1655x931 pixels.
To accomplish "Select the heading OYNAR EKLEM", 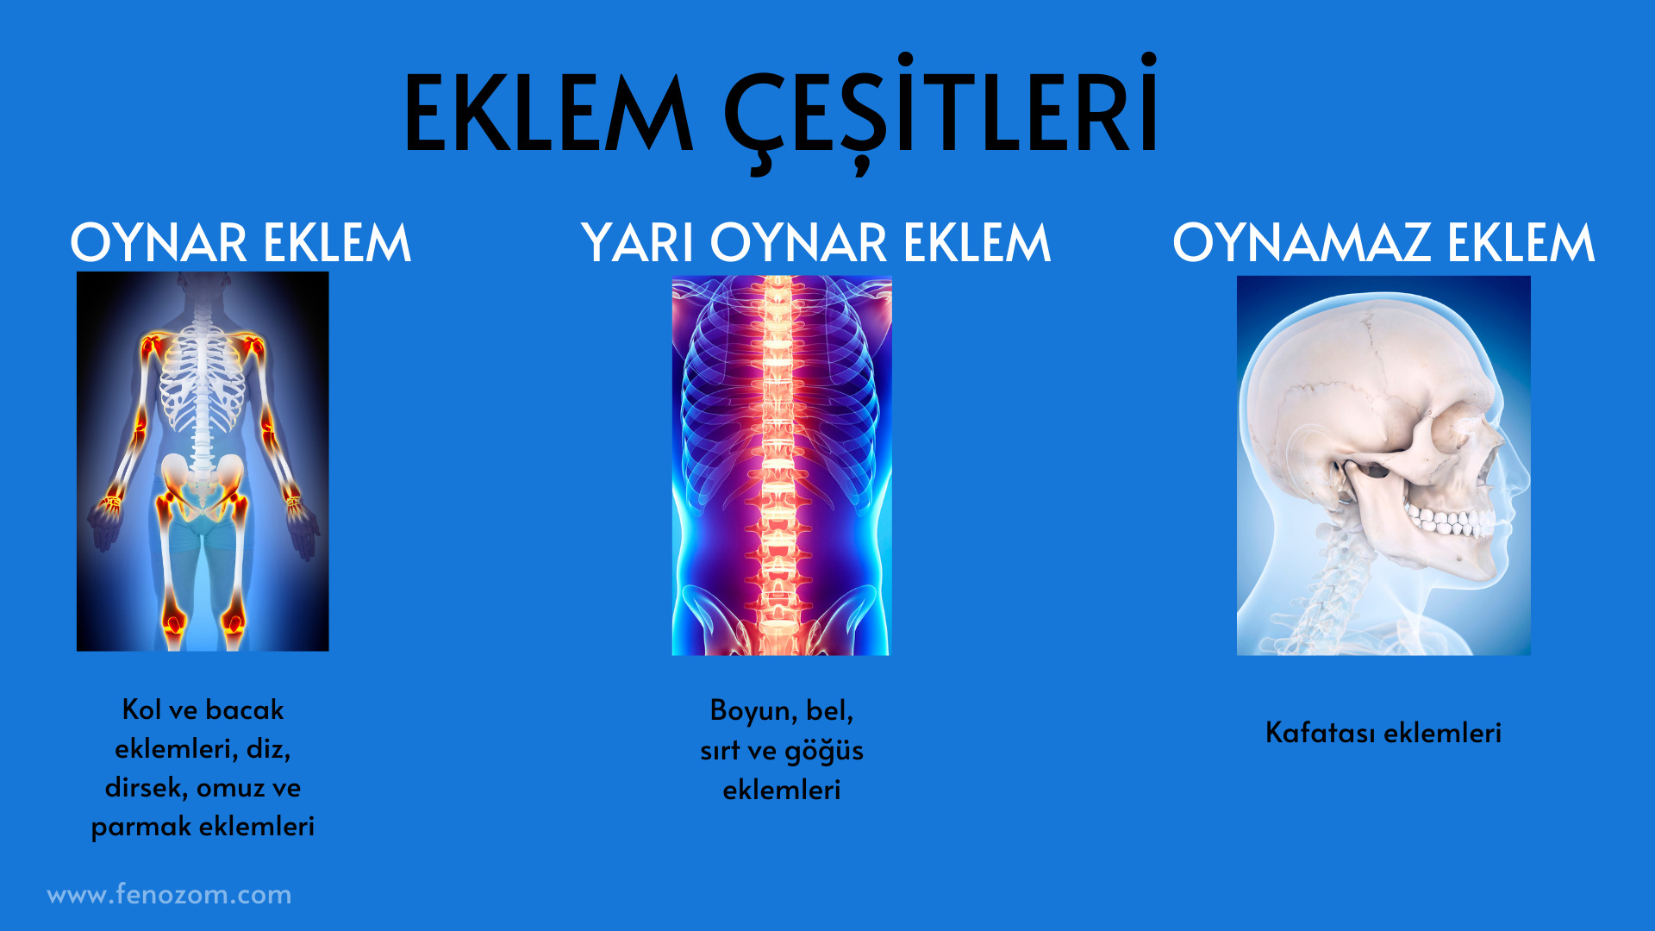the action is (240, 242).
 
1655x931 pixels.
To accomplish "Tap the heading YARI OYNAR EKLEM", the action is (816, 242).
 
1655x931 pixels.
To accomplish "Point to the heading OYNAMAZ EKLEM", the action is (1383, 242).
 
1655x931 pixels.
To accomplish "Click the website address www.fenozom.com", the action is (169, 895).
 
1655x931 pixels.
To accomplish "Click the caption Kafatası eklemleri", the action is (1383, 733).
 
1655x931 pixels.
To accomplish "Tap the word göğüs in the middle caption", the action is (824, 752).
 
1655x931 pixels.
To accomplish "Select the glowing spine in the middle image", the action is (778, 465).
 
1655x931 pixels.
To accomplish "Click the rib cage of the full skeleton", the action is (203, 379).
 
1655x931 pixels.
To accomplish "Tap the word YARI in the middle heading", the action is (639, 242).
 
